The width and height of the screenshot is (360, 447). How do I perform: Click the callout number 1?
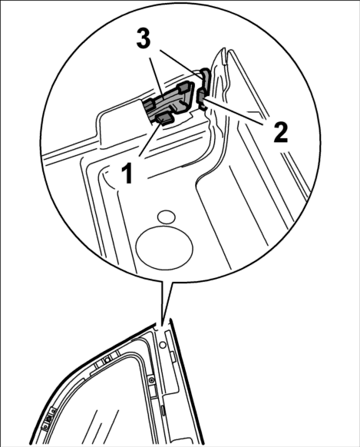pos(127,173)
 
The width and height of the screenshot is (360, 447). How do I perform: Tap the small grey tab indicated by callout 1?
pos(164,118)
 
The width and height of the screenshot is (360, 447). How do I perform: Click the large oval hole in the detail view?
pos(164,247)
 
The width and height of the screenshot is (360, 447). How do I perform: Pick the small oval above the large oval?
pos(167,217)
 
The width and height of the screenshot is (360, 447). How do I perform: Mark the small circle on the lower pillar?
pos(163,345)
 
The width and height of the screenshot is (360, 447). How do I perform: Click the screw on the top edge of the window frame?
pos(107,360)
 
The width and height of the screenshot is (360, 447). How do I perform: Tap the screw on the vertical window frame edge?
pos(151,380)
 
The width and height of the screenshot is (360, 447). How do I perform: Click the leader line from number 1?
pos(150,138)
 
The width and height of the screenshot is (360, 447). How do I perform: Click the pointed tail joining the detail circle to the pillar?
pos(165,301)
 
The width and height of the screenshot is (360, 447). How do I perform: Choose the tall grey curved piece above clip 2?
pos(206,77)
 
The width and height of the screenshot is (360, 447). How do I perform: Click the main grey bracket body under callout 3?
pos(168,100)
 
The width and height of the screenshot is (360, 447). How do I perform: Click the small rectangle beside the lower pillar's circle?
pos(173,356)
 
